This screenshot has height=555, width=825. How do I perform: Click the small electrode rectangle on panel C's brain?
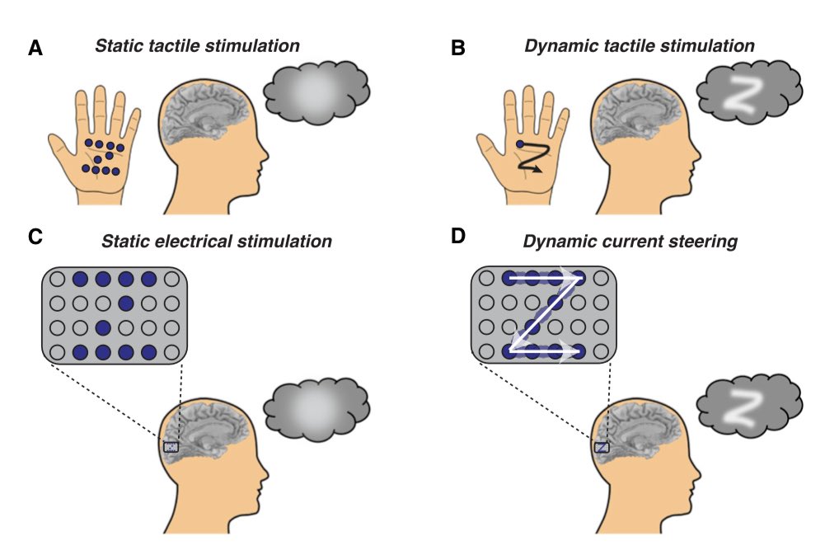coord(171,446)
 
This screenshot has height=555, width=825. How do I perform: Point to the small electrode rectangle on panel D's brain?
coord(602,446)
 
